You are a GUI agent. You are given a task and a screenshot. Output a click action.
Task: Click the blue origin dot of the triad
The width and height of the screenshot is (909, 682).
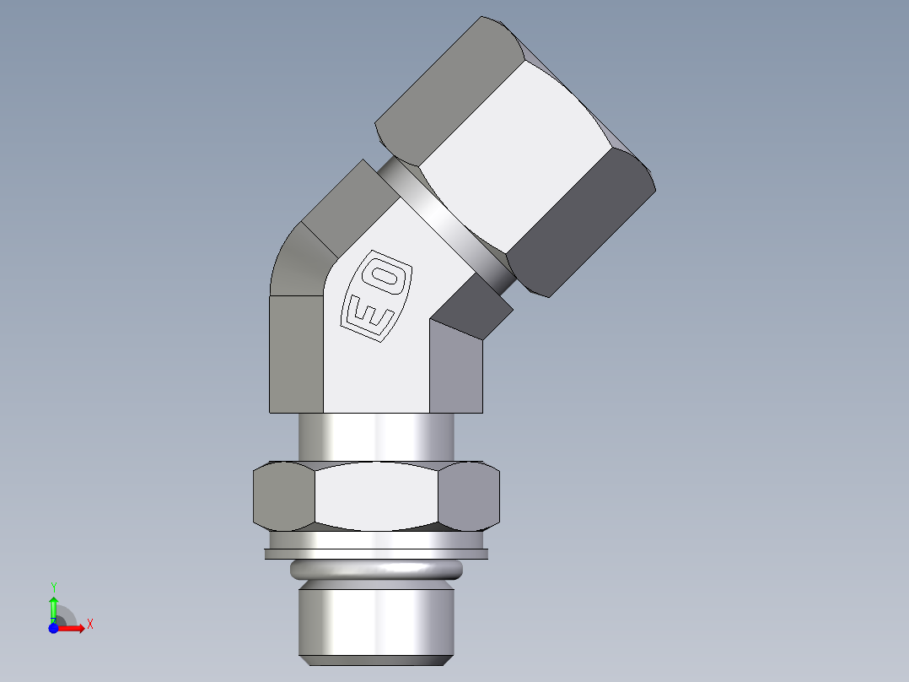point(52,628)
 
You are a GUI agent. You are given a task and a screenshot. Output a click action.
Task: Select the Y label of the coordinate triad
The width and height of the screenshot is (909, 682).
point(53,586)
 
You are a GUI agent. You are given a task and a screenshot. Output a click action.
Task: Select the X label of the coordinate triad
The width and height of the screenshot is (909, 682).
point(89,624)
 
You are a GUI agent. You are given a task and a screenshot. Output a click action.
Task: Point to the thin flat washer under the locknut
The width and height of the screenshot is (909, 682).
point(376,554)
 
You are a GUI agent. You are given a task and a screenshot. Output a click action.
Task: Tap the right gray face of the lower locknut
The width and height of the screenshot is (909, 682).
point(469,496)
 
